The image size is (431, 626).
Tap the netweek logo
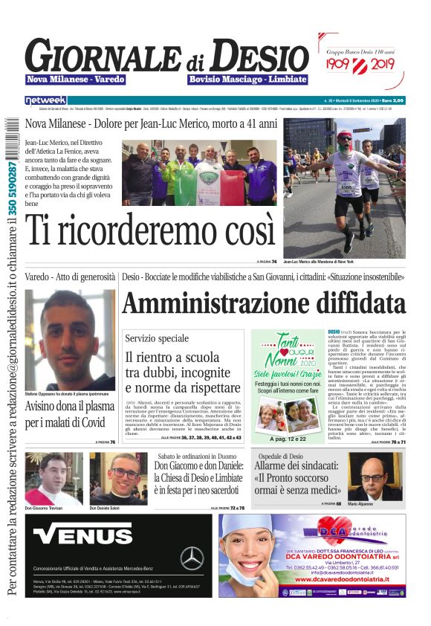45,100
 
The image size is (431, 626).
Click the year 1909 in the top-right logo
343,65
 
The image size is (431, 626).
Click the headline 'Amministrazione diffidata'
265,303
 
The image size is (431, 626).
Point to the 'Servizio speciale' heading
158,338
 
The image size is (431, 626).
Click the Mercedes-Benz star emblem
192,558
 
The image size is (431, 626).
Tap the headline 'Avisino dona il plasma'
70,407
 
